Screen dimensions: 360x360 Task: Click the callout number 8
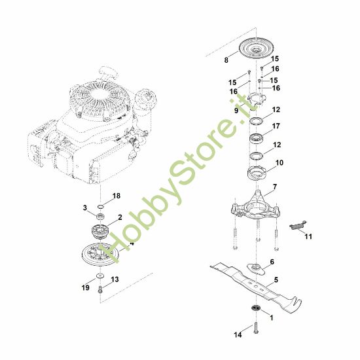[226, 60]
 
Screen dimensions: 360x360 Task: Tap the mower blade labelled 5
[256, 287]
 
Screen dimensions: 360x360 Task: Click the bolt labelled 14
[256, 328]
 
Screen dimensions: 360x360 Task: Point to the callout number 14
[238, 334]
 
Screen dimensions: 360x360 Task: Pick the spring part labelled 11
[298, 225]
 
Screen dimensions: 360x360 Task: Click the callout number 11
[308, 236]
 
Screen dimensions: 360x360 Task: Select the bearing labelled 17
[256, 139]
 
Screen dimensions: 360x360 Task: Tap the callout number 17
[276, 126]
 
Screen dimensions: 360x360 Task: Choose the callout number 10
[279, 162]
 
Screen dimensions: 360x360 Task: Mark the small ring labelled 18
[101, 206]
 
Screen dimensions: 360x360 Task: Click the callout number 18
[117, 196]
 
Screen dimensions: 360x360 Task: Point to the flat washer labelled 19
[100, 276]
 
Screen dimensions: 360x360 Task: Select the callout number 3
[85, 207]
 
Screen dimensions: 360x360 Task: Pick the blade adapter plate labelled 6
[256, 268]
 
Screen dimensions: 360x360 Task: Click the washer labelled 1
[255, 308]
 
